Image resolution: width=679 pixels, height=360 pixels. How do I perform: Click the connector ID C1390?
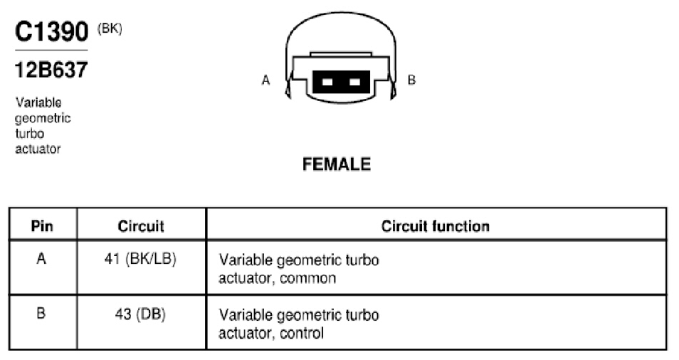pos(51,31)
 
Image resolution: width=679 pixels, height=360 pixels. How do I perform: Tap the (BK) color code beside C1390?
pos(110,29)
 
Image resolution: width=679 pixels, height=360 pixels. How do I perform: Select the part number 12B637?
pos(51,70)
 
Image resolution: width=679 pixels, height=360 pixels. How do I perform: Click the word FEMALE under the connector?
pos(337,164)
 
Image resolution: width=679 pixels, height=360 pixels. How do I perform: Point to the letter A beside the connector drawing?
pos(266,80)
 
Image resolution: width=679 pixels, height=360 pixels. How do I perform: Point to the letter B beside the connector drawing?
pos(411,80)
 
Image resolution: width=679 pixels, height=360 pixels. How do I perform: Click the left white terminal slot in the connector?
pos(327,83)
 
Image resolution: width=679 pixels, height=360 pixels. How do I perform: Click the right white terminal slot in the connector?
pos(354,83)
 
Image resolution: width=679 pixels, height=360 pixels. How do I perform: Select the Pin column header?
pos(42,226)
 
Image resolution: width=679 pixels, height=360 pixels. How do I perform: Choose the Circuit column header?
pos(141,226)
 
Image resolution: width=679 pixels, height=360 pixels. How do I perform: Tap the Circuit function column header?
pos(435,226)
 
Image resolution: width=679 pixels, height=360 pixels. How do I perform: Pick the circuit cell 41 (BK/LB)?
pos(140,259)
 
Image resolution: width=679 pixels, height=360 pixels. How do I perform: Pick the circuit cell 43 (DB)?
pos(140,314)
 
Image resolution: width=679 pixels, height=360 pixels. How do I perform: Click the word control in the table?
pos(302,333)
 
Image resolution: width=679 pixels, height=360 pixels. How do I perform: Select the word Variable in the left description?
pos(38,102)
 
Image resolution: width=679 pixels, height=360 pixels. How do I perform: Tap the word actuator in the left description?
pos(38,149)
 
